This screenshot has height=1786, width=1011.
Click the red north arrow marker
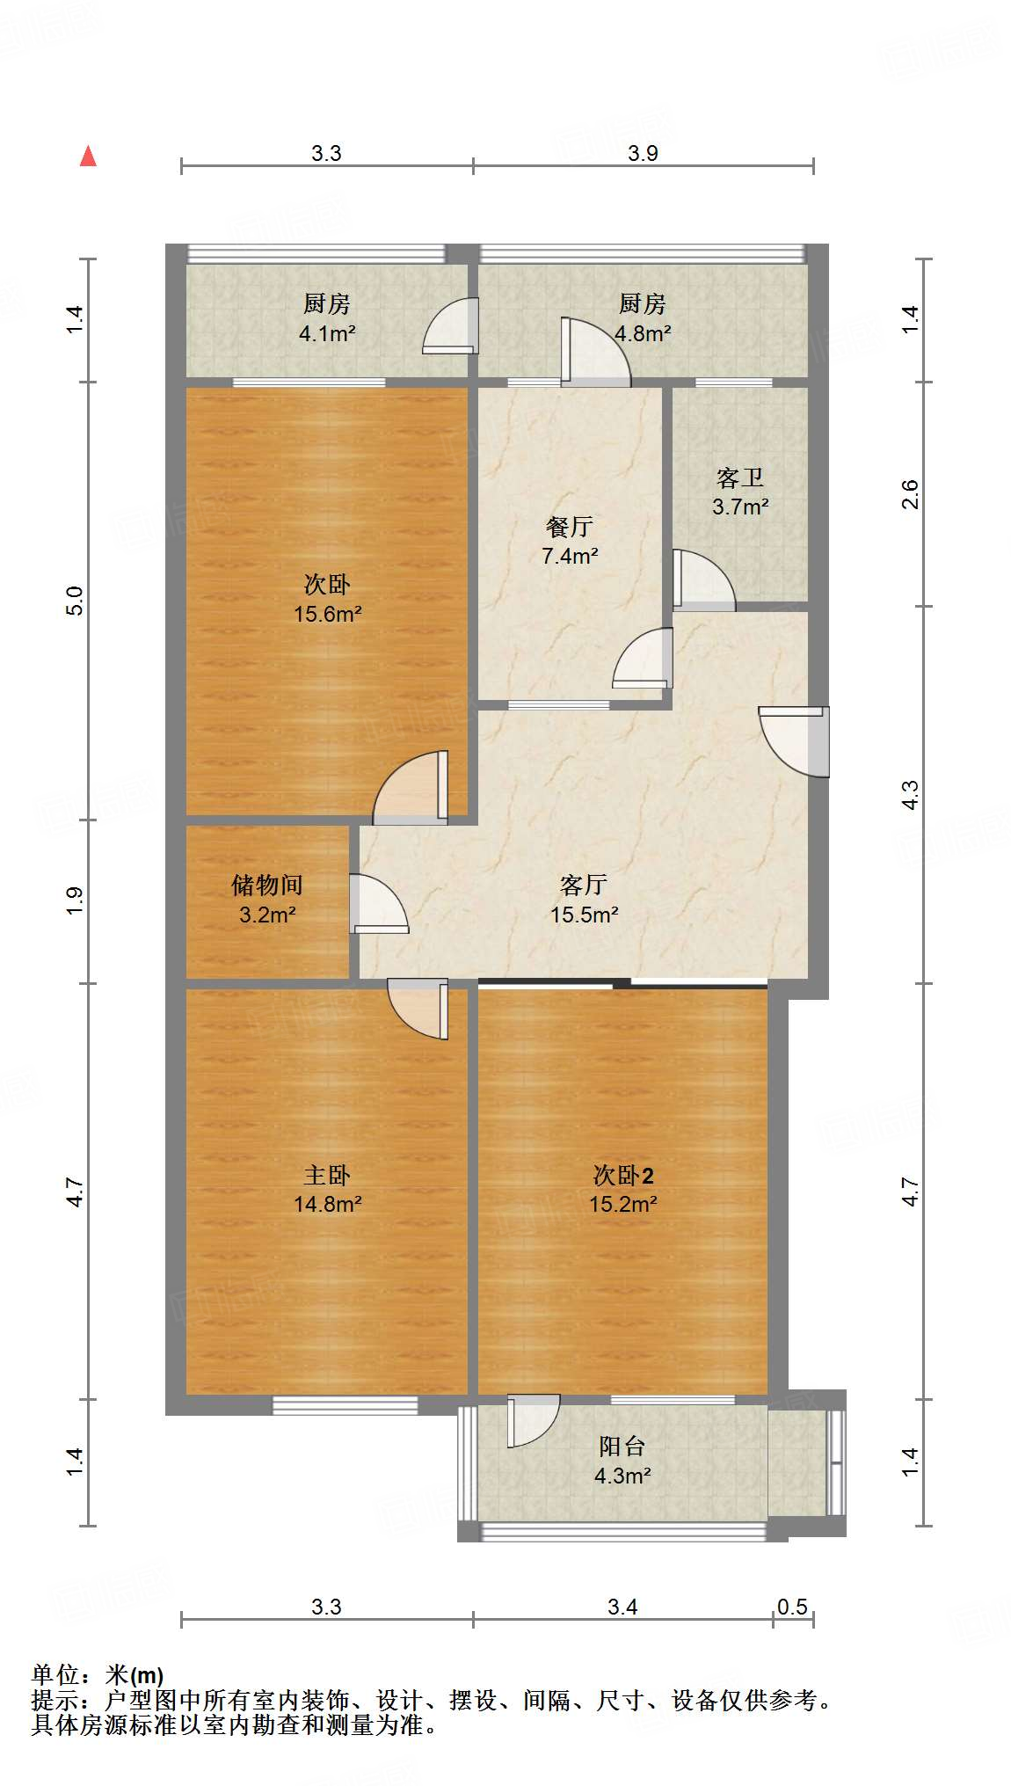pos(88,157)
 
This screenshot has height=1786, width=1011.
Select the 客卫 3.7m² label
pos(739,492)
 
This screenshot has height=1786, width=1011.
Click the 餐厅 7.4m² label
pos(570,541)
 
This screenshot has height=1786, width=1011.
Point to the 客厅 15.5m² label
pos(584,900)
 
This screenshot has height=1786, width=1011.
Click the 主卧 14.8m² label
pos(327,1189)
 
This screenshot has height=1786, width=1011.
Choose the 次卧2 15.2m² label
pos(622,1189)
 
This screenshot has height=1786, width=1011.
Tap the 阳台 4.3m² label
pos(622,1461)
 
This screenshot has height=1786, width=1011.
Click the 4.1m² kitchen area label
pos(326,333)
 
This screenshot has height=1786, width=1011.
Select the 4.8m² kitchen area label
pos(643,333)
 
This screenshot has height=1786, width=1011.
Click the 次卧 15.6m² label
pos(327,599)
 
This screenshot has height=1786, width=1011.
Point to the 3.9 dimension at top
pos(643,153)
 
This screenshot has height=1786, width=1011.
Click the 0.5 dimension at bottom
pos(791,1607)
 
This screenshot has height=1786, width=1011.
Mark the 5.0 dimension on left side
pos(76,601)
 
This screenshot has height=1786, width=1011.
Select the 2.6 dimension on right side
pos(911,494)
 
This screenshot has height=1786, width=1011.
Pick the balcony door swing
pos(531,1419)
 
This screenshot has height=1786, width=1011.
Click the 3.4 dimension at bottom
pos(622,1607)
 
